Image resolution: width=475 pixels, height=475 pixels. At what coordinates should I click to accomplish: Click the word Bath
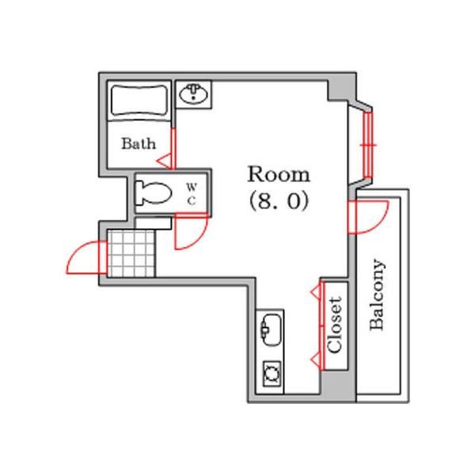139,143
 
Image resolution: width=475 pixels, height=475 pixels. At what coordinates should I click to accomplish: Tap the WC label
192,194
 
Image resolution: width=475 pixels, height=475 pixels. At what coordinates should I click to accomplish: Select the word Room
279,174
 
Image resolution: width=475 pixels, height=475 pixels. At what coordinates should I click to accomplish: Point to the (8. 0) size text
279,201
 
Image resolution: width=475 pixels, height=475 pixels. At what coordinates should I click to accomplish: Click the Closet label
335,325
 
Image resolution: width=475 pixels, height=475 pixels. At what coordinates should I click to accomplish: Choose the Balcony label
378,294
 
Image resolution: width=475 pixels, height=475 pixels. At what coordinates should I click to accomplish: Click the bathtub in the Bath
139,101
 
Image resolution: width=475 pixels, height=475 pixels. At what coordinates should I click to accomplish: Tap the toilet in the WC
153,192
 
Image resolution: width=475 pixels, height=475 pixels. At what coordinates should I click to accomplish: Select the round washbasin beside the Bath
194,94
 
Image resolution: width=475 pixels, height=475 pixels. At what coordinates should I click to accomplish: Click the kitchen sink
272,330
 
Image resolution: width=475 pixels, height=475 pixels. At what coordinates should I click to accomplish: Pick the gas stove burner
272,374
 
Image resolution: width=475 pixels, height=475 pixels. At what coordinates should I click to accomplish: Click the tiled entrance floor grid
131,253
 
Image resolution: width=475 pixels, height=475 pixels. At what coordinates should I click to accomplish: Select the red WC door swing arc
199,240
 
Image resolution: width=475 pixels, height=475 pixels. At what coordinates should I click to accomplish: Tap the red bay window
368,145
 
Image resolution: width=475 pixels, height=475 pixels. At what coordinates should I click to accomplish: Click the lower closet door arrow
315,359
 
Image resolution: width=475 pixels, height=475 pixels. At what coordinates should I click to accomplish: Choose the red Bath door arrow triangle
164,161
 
